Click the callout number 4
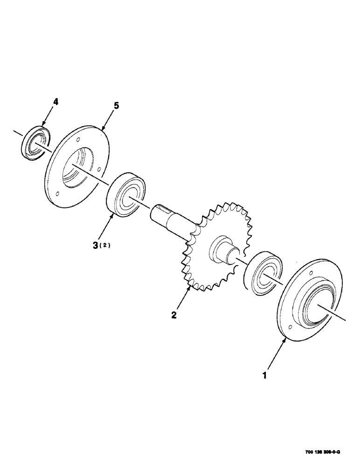pos(55,102)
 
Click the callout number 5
pos(116,106)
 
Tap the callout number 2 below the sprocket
pos(173,315)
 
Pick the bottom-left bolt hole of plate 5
pos(56,194)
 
